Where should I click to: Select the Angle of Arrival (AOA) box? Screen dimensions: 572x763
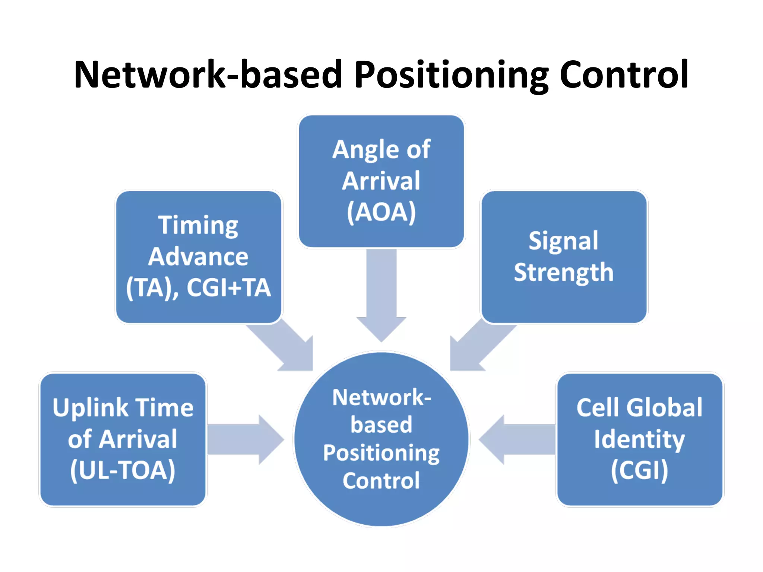381,181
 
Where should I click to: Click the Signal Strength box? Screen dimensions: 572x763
564,257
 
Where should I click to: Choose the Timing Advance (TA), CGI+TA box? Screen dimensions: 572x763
198,257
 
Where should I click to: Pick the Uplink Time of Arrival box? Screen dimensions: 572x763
123,439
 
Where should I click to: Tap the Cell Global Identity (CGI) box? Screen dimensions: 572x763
639,439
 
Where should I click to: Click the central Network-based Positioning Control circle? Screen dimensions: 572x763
381,439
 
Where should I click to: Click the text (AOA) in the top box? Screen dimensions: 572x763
381,212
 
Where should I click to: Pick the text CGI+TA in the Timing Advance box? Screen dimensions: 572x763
228,287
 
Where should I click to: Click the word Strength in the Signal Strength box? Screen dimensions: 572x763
564,273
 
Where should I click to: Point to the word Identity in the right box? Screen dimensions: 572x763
639,439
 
